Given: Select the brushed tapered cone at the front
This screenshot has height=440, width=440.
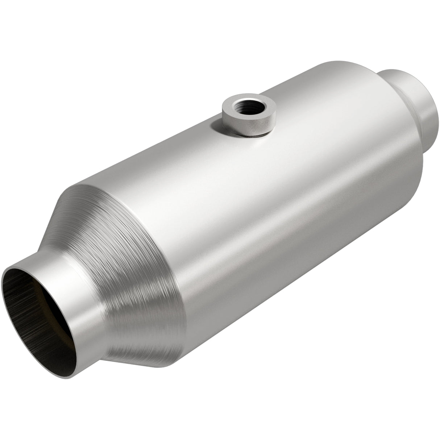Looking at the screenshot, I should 138,261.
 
